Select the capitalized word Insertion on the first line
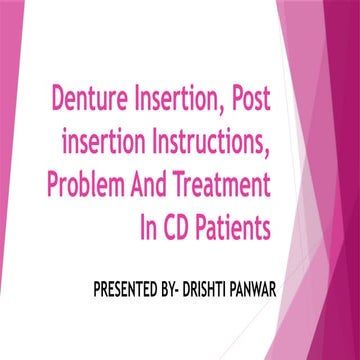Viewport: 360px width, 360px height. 176,102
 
